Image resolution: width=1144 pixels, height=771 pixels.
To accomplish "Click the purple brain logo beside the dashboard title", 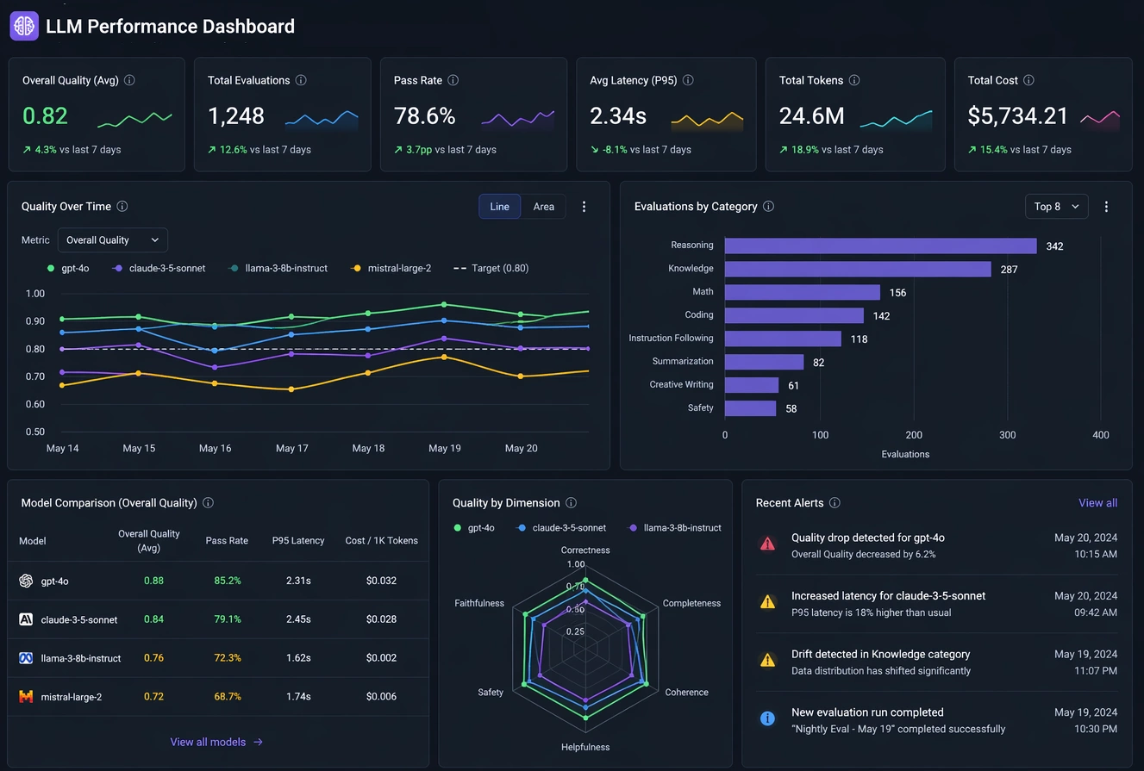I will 24,26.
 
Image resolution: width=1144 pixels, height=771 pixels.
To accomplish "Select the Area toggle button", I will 543,207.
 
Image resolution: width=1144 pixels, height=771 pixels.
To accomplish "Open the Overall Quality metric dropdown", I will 112,240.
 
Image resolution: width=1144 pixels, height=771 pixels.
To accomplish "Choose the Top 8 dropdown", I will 1056,207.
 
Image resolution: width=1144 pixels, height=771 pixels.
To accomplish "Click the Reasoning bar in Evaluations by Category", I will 880,246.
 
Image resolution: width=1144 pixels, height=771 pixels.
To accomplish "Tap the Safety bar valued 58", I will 750,408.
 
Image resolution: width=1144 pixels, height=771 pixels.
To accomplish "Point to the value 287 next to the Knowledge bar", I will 1009,270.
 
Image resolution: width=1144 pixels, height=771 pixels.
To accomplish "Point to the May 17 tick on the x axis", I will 291,448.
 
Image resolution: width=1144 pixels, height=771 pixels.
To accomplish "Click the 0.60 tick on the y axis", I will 34,404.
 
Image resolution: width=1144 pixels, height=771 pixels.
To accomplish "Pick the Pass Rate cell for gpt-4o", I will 228,581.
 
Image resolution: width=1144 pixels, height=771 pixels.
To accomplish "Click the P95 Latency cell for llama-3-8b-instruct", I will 298,658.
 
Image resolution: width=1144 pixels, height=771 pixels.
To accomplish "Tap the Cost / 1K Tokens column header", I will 381,541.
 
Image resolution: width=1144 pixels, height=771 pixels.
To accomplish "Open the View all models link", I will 216,742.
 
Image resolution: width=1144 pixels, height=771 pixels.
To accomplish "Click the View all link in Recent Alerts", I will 1097,503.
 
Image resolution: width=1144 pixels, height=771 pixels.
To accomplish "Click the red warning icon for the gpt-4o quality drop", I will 767,544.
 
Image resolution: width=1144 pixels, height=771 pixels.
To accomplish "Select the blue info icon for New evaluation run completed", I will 767,718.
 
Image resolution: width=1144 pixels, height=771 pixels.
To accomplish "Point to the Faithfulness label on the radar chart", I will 478,603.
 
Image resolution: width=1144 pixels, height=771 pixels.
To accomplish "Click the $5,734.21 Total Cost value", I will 1017,116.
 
